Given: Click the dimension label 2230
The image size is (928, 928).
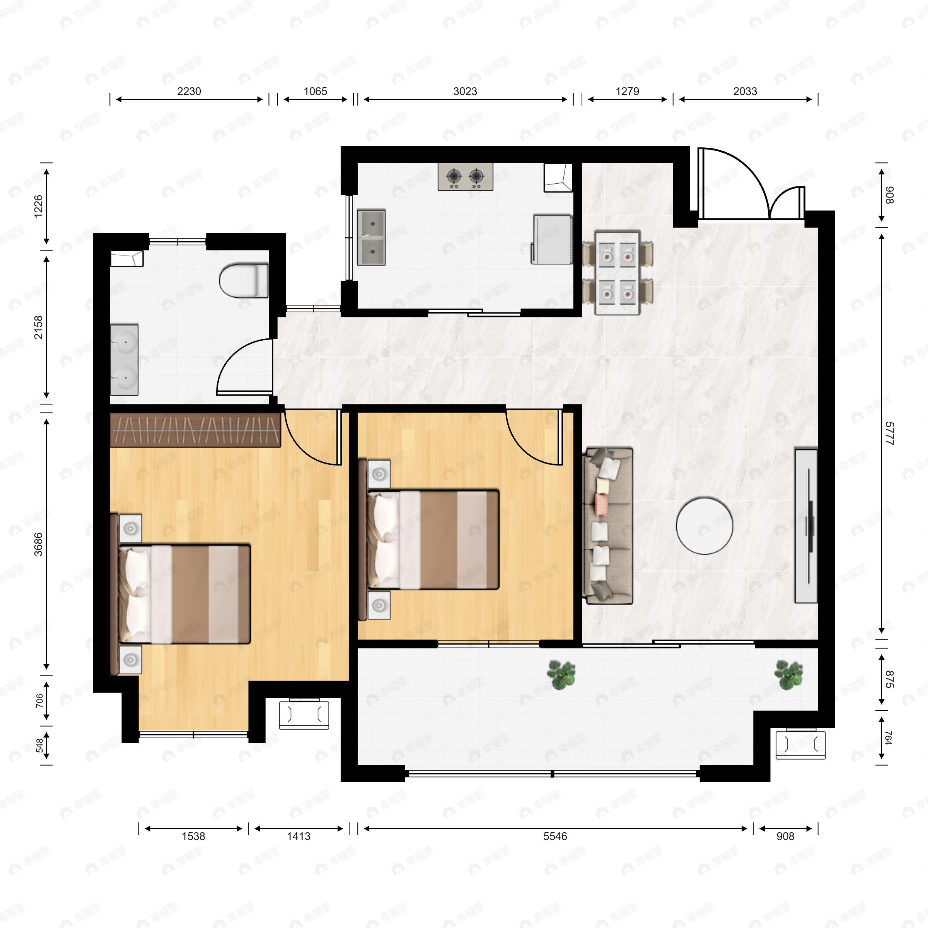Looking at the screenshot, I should point(189,91).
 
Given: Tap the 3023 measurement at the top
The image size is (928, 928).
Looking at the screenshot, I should point(465,91).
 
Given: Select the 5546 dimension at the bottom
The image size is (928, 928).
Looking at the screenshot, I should point(555,836).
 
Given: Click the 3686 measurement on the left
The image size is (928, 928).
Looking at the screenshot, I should point(38,544).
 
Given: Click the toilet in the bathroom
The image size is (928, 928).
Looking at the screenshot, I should point(244,280).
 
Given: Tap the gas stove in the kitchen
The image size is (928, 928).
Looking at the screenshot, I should point(465,177).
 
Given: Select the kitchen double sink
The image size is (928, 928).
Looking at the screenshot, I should point(371,237).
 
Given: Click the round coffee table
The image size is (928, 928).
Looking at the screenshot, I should point(704,526).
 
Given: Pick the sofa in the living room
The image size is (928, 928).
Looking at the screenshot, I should point(607,526).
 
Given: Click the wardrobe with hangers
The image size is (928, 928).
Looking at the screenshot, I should point(195,430).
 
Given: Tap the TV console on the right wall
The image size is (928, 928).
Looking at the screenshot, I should point(806,526).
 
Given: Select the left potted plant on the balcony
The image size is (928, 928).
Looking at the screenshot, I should point(561,674).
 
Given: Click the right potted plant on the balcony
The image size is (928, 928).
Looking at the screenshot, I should point(788,674).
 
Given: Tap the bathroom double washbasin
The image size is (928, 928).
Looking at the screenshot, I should point(125,360).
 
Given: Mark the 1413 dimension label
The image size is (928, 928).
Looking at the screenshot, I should point(298,836).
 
